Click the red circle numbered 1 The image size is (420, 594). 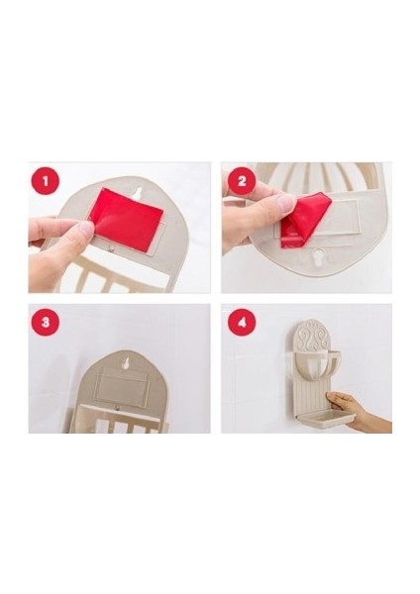[46, 181]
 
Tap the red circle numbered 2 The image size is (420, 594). [242, 181]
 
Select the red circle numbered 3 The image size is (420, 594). [46, 323]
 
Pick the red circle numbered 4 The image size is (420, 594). [242, 323]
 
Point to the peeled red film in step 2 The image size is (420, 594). [305, 219]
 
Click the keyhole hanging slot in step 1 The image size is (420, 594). [139, 192]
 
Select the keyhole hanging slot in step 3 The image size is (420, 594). [125, 363]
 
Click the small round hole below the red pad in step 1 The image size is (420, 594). [112, 247]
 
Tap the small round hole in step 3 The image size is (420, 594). [118, 408]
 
